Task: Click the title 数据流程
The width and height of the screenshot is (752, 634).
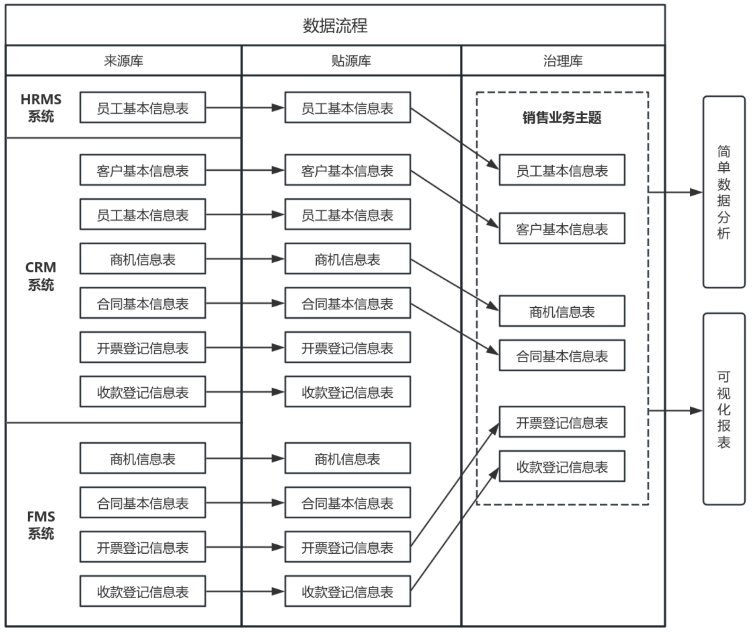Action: pos(335,26)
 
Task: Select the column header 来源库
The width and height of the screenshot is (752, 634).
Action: pos(124,61)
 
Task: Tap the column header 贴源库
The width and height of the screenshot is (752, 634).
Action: pos(351,61)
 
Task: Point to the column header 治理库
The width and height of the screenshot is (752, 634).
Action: pos(563,61)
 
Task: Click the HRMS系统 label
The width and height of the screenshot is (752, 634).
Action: pos(41,108)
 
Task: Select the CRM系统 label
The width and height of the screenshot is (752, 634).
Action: pos(41,276)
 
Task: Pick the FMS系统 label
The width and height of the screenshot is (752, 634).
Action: pos(41,525)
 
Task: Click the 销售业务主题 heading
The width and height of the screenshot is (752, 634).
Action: pos(562,118)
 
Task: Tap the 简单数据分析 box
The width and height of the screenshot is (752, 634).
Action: pos(723,192)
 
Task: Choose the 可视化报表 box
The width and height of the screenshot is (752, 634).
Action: pos(723,409)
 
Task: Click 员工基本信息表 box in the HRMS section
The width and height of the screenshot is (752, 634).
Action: pos(143,108)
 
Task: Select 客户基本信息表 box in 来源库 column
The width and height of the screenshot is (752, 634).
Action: pos(143,170)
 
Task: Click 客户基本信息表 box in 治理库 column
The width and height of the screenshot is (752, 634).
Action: pos(562,229)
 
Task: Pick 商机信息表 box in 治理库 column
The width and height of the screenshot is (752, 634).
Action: pos(562,311)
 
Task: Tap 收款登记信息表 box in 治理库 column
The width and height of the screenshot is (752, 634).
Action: pos(562,466)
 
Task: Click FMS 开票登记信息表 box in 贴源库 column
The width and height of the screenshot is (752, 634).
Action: pos(347,547)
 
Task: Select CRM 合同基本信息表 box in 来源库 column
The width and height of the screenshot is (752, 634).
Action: pos(143,303)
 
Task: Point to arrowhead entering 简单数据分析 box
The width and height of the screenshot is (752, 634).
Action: pos(697,193)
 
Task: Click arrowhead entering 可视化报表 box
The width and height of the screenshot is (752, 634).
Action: pos(697,411)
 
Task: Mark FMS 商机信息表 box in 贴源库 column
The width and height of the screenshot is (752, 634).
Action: pos(347,458)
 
